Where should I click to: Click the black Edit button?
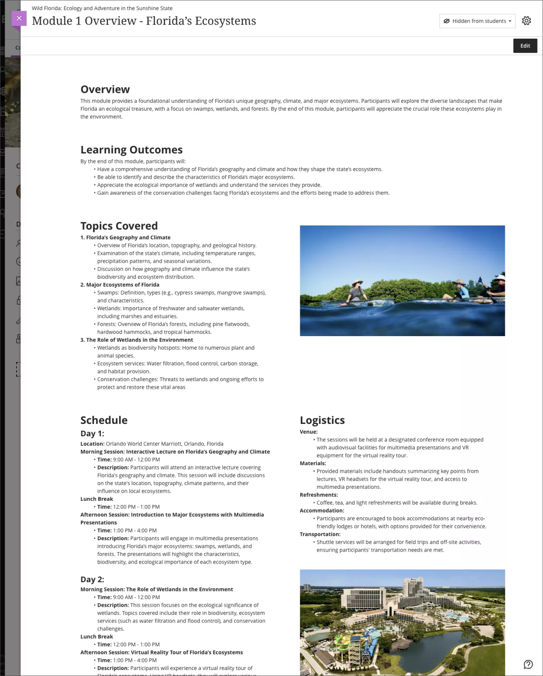pos(525,46)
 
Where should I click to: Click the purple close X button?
pos(19,18)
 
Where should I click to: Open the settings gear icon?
pos(526,21)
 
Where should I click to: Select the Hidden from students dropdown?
pos(477,21)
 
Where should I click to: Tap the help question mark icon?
pos(528,664)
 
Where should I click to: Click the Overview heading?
pos(105,90)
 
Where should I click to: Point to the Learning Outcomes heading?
pos(132,150)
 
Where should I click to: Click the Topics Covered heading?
pos(119,226)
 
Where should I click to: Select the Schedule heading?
pos(104,420)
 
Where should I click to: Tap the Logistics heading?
pos(322,420)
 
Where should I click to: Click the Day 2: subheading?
pos(92,580)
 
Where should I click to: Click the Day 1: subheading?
pos(92,434)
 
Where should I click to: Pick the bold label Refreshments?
pos(319,495)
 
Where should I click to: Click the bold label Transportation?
pos(320,534)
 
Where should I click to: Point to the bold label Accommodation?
pos(322,511)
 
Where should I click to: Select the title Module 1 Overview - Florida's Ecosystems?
pos(144,21)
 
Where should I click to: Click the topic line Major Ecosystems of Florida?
pos(123,285)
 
